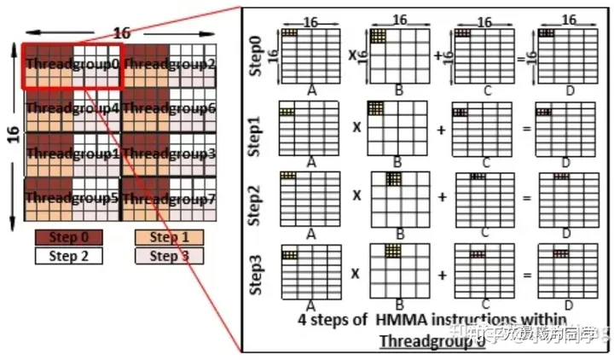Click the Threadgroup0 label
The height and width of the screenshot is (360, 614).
[x=72, y=63]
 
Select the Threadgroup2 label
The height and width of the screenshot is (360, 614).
[x=170, y=63]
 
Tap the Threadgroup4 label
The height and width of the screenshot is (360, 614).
[x=72, y=108]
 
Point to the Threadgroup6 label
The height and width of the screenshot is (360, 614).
[x=170, y=108]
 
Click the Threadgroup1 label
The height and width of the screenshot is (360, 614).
[x=72, y=154]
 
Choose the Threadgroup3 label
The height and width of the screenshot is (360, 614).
[x=170, y=154]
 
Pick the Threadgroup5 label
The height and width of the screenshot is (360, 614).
[x=72, y=199]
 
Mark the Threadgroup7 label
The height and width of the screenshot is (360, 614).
[x=170, y=199]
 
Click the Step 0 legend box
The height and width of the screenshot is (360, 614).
[x=68, y=237]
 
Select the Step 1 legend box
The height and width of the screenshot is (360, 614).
[x=170, y=237]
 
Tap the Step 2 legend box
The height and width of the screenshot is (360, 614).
[x=68, y=255]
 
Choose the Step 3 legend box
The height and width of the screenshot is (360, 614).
[x=170, y=255]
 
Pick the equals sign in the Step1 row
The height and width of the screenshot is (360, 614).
[x=526, y=129]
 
